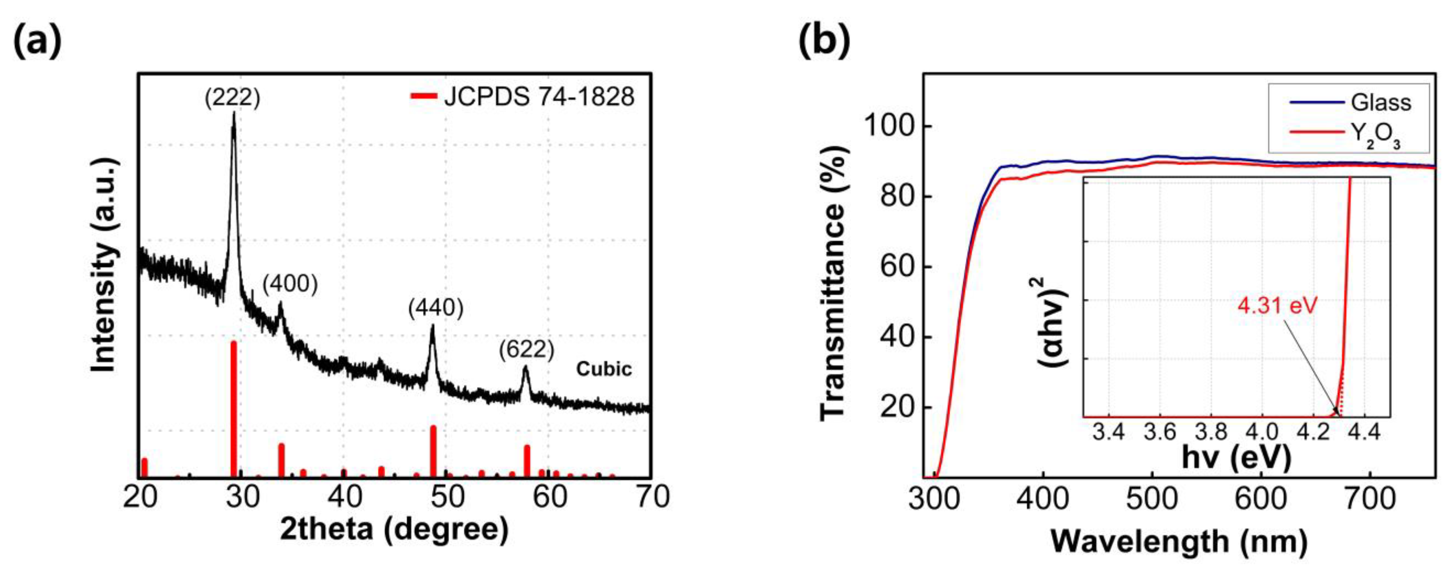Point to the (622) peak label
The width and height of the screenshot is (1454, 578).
click(x=526, y=350)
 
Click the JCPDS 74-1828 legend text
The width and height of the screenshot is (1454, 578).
click(x=539, y=97)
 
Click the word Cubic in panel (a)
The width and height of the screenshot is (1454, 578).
click(x=604, y=369)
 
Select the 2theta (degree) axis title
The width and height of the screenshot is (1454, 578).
click(x=394, y=530)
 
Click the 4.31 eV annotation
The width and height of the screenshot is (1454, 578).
click(x=1277, y=306)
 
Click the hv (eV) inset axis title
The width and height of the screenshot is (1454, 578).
click(x=1236, y=457)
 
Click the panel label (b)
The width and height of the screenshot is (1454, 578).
click(x=824, y=41)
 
